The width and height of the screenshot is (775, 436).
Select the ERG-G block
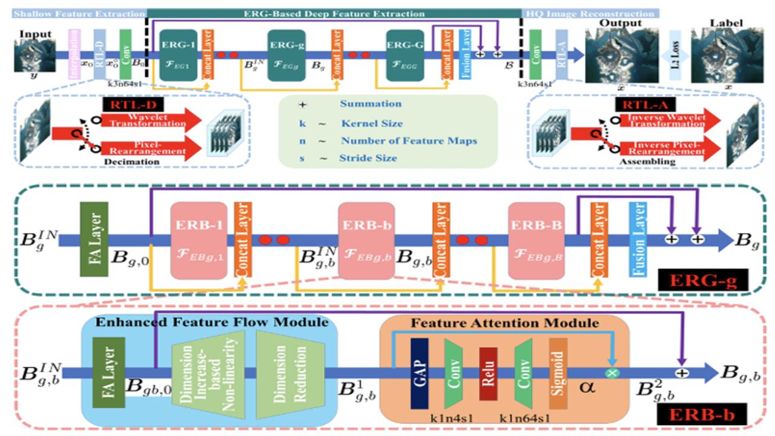coord(405,55)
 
